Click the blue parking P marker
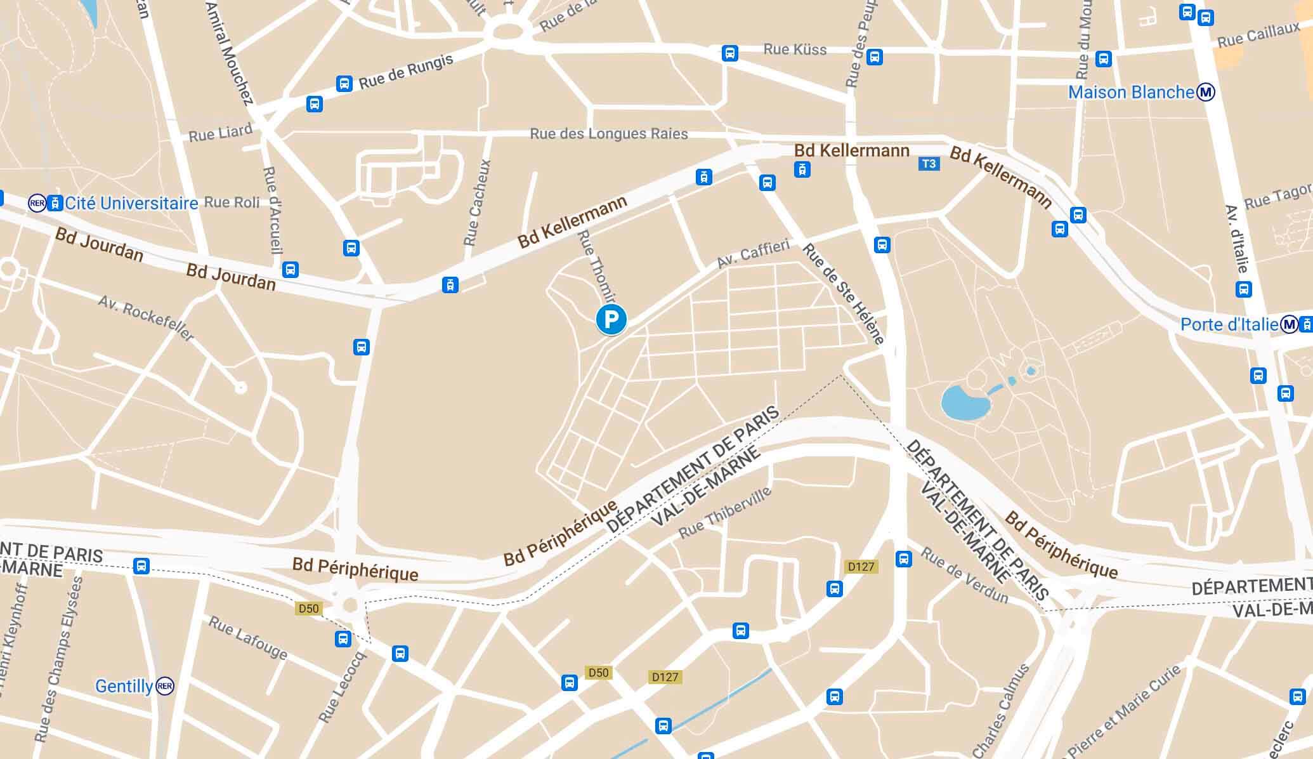tap(611, 319)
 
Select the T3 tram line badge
tap(928, 164)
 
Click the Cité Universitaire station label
tap(131, 203)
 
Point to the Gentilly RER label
tap(124, 686)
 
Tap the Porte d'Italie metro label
tap(1229, 325)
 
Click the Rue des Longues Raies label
tap(608, 134)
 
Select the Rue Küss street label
tap(795, 49)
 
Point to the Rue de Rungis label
tap(406, 72)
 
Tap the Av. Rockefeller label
tap(146, 318)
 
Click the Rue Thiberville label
tap(725, 513)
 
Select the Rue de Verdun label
tap(964, 576)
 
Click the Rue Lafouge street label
tap(248, 638)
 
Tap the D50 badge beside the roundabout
tap(308, 609)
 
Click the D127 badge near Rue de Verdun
tap(861, 567)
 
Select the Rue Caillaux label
tap(1258, 36)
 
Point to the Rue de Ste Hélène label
tap(843, 293)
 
